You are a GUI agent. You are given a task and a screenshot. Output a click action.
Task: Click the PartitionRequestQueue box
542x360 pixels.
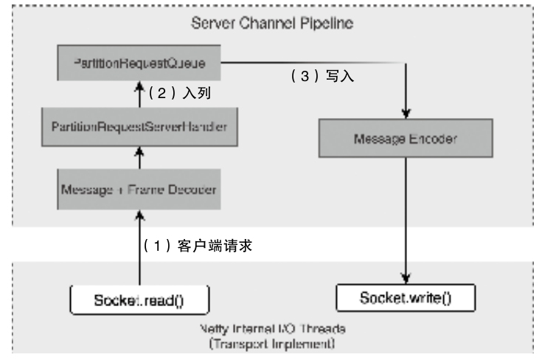click(x=139, y=65)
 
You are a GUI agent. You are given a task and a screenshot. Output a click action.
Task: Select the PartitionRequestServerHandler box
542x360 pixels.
click(x=139, y=126)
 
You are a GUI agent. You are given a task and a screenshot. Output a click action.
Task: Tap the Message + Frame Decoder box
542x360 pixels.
click(x=139, y=189)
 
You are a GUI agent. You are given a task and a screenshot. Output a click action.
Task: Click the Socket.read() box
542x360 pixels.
click(x=139, y=299)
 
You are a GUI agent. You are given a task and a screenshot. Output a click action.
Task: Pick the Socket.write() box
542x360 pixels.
click(x=406, y=299)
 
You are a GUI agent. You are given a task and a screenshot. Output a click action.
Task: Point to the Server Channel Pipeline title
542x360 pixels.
click(x=272, y=22)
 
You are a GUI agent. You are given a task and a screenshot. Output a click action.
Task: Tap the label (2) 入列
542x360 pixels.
click(x=181, y=94)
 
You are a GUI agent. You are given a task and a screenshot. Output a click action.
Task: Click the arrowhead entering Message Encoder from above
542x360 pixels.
click(x=406, y=112)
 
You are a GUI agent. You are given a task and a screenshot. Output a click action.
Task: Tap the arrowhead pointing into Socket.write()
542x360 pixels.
click(x=406, y=280)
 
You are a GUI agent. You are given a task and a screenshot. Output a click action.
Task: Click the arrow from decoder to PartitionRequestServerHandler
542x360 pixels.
click(x=139, y=157)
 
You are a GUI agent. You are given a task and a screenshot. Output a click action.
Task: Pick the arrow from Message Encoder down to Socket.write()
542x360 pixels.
click(x=406, y=221)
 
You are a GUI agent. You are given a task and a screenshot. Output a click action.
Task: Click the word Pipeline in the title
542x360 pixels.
click(x=330, y=22)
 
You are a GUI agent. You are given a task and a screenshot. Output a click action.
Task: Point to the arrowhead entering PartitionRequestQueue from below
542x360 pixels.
click(x=139, y=86)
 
